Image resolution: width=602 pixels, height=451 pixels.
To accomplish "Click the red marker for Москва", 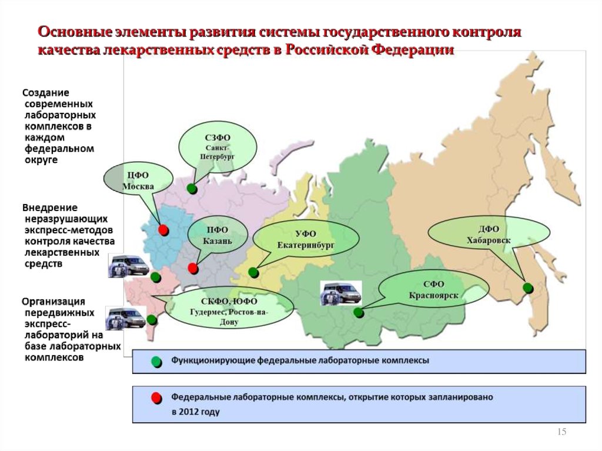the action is click(x=163, y=230).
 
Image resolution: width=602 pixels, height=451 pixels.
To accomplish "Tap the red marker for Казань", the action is click(x=193, y=268).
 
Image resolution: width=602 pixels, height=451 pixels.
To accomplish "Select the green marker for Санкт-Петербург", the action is click(x=192, y=189).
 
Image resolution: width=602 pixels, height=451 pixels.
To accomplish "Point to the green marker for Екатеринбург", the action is click(x=253, y=272).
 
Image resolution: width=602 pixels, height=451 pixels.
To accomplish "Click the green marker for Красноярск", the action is click(x=359, y=313).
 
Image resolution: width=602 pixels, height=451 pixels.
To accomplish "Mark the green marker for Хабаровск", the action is click(x=528, y=288).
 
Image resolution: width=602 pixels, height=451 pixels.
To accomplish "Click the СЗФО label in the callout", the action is click(x=218, y=138).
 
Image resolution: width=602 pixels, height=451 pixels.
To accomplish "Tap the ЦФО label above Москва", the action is click(x=138, y=175).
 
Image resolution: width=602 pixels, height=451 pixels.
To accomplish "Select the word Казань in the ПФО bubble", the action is click(x=218, y=241).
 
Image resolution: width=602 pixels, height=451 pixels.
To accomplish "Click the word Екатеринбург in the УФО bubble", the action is click(x=306, y=245).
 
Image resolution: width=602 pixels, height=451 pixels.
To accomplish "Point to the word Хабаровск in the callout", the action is click(x=489, y=240).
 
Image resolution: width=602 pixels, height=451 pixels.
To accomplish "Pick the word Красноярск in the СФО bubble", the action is click(x=433, y=295).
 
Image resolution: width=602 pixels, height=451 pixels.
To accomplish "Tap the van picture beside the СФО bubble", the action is click(x=341, y=293).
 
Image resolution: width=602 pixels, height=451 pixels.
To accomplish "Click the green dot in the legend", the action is click(x=156, y=362).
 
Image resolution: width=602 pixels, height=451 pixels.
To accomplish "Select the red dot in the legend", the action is click(x=156, y=398).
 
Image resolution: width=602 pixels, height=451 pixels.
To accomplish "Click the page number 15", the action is click(x=561, y=432).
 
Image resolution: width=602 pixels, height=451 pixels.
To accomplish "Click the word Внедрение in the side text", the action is click(x=50, y=208).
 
